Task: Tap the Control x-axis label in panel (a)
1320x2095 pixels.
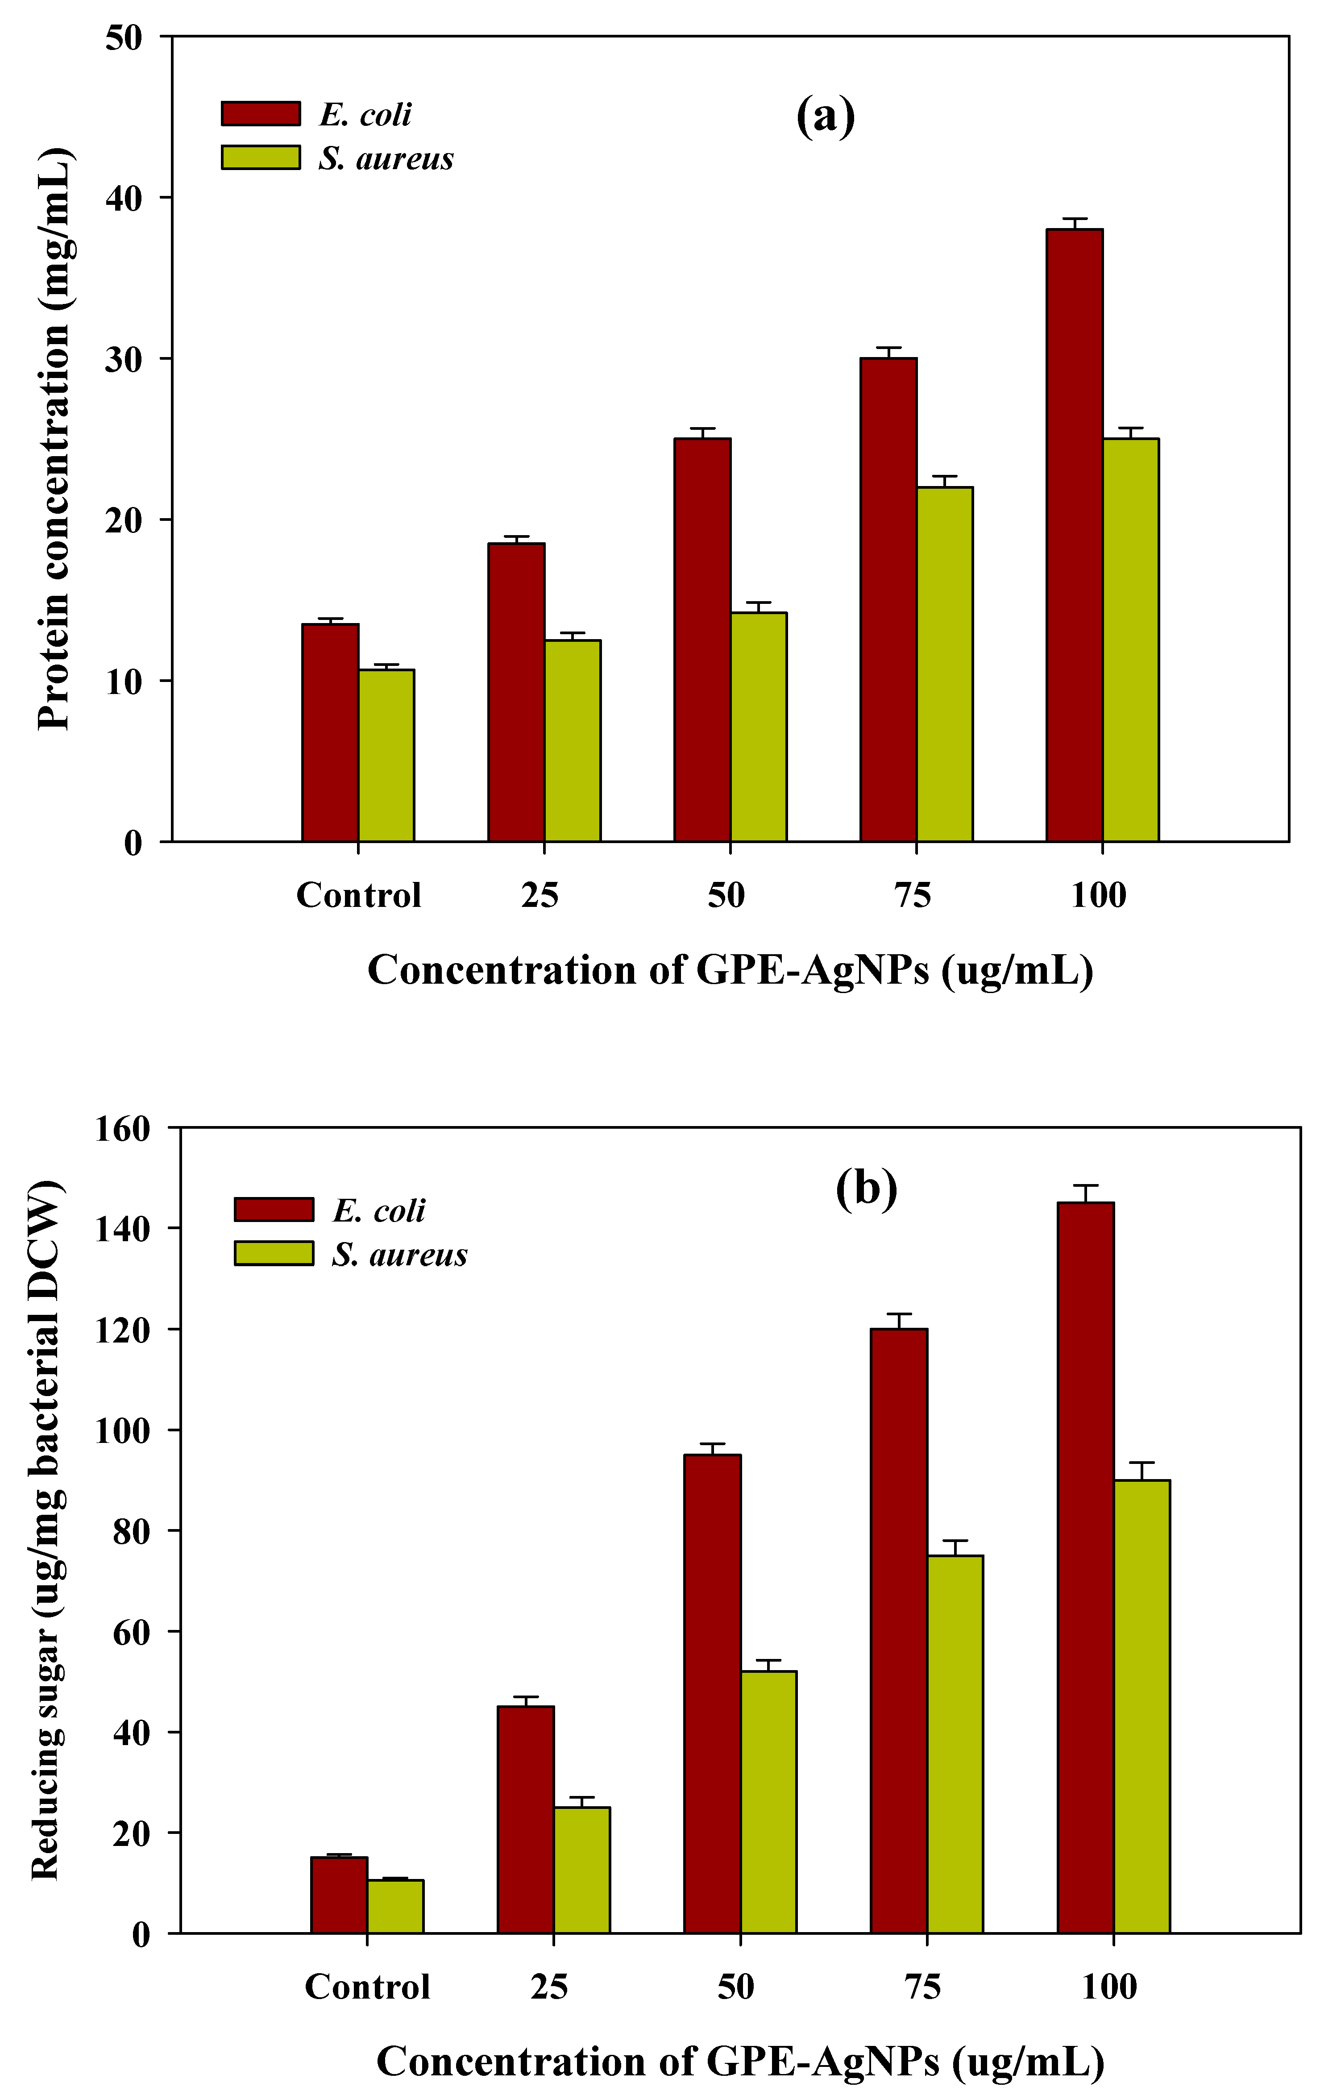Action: [x=358, y=894]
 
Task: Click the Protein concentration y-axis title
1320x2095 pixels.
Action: [x=54, y=439]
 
